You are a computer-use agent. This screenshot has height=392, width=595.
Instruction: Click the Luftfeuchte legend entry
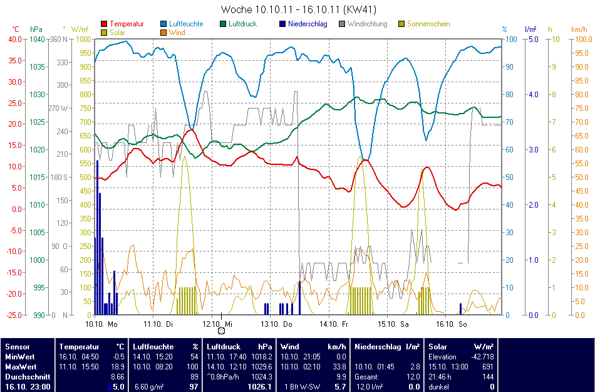185,24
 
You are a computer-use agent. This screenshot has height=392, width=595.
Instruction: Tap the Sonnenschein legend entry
428,24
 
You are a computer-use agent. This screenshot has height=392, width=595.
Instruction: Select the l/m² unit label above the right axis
530,29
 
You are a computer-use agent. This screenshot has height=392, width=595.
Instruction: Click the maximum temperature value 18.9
118,366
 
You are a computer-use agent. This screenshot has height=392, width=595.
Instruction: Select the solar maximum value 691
489,366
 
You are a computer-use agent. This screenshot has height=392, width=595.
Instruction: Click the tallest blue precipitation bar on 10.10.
97,238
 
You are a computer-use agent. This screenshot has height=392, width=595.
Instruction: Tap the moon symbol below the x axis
221,331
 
